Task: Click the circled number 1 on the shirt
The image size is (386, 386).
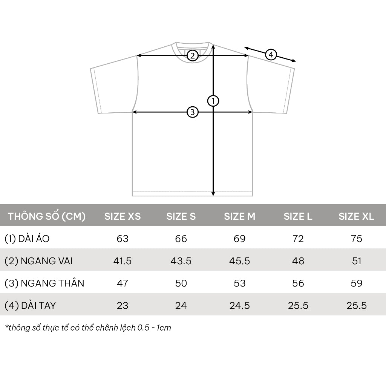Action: [x=213, y=101]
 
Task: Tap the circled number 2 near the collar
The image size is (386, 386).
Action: [x=193, y=56]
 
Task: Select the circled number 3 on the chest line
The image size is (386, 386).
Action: [x=193, y=112]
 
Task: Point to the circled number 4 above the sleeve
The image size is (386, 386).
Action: [x=271, y=55]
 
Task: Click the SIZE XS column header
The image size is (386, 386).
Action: [x=123, y=216]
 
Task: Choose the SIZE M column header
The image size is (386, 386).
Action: [x=239, y=216]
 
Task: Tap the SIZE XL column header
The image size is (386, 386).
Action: [x=356, y=216]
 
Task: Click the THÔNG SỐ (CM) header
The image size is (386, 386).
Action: [x=46, y=216]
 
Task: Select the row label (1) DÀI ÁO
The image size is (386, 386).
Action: [x=27, y=239]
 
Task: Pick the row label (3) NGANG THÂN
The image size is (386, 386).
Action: [x=44, y=283]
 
